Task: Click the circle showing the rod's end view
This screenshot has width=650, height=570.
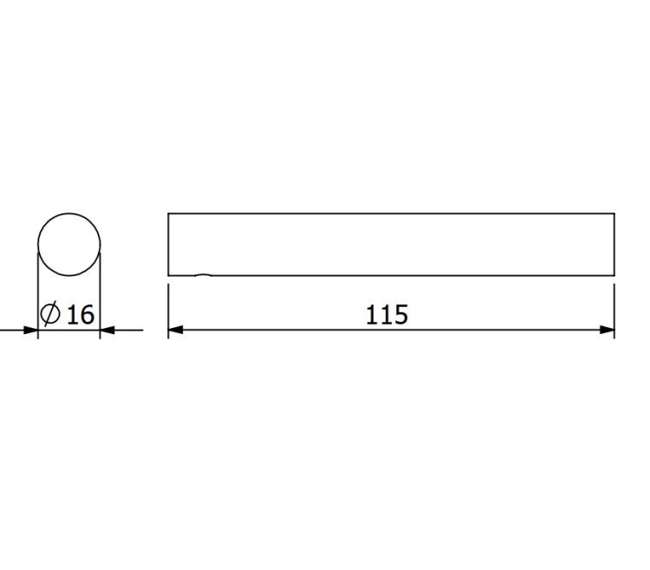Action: pyautogui.click(x=69, y=213)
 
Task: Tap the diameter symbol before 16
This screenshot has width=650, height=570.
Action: pyautogui.click(x=50, y=314)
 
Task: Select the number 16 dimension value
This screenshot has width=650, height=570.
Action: pyautogui.click(x=81, y=314)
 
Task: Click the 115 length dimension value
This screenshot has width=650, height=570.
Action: pyautogui.click(x=387, y=314)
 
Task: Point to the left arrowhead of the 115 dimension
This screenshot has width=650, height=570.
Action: pyautogui.click(x=175, y=330)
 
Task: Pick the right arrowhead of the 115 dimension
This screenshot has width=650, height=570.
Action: pyautogui.click(x=608, y=330)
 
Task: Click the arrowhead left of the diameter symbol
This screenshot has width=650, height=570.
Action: pyautogui.click(x=30, y=331)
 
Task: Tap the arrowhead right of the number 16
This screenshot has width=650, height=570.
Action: pyautogui.click(x=107, y=331)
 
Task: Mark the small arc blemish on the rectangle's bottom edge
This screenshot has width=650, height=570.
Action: pyautogui.click(x=204, y=275)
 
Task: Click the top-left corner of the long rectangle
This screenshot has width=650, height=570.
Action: pyautogui.click(x=168, y=213)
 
